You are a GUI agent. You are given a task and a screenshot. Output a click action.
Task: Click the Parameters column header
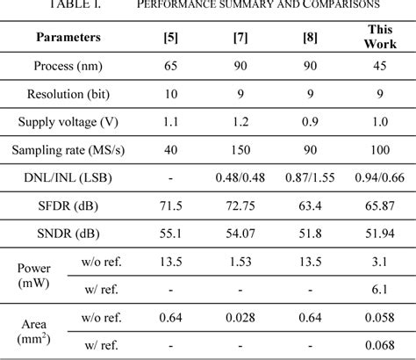(x=68, y=38)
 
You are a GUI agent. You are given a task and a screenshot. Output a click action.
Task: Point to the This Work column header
(x=378, y=38)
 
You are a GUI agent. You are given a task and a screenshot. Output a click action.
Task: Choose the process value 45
(x=378, y=66)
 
